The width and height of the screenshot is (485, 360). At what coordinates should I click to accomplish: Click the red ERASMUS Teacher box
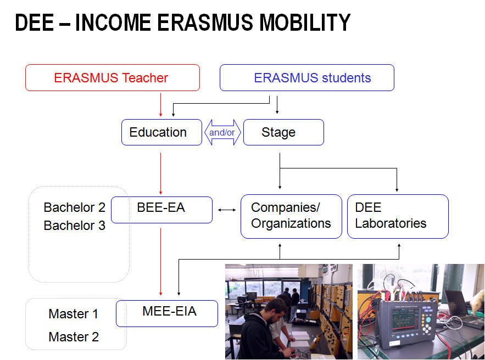click(113, 77)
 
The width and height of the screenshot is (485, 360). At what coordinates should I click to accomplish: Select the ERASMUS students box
click(307, 77)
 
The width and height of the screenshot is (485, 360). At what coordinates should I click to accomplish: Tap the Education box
click(161, 132)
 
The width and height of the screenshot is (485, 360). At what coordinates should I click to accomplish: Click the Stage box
click(283, 132)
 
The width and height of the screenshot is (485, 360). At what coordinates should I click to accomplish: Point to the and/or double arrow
click(222, 132)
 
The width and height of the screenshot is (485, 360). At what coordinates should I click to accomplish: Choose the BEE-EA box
click(162, 210)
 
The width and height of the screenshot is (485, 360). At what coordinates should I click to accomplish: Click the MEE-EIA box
click(167, 313)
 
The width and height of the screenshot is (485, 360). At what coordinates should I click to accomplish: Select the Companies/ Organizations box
click(291, 216)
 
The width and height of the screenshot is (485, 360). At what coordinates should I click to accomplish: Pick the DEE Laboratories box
click(398, 216)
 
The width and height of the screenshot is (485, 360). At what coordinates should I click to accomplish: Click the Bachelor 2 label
click(75, 207)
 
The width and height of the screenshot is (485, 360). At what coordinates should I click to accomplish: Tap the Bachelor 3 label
click(75, 226)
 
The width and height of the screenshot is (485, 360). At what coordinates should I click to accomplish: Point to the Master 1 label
click(73, 314)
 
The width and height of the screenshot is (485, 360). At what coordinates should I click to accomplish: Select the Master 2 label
click(74, 337)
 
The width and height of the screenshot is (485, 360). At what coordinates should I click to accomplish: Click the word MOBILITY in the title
click(305, 22)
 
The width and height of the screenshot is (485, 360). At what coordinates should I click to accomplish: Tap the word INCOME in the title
click(113, 22)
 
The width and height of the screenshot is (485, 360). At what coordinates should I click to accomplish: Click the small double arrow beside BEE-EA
click(227, 210)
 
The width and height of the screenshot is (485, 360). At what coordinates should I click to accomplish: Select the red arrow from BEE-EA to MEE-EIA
click(160, 262)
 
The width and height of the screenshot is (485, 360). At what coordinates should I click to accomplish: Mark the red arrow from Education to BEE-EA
click(160, 173)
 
